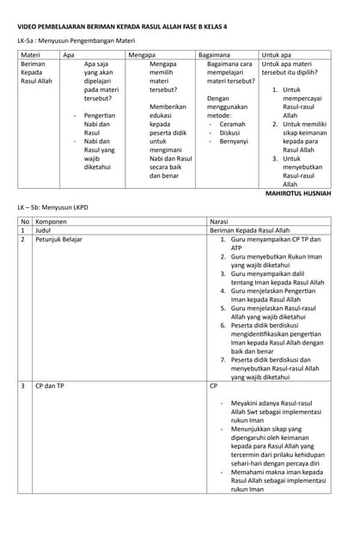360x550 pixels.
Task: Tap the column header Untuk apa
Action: [x=278, y=54]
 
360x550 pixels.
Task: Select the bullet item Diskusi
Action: [x=229, y=132]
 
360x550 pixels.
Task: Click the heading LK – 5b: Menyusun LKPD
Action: [x=55, y=208]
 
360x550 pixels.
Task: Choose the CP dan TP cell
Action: [x=49, y=386]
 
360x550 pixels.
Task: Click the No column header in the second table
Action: [x=25, y=221]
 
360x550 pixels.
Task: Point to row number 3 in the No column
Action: [x=23, y=386]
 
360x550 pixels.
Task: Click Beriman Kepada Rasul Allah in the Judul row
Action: [x=250, y=230]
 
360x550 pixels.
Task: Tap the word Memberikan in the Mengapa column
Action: [x=168, y=107]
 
